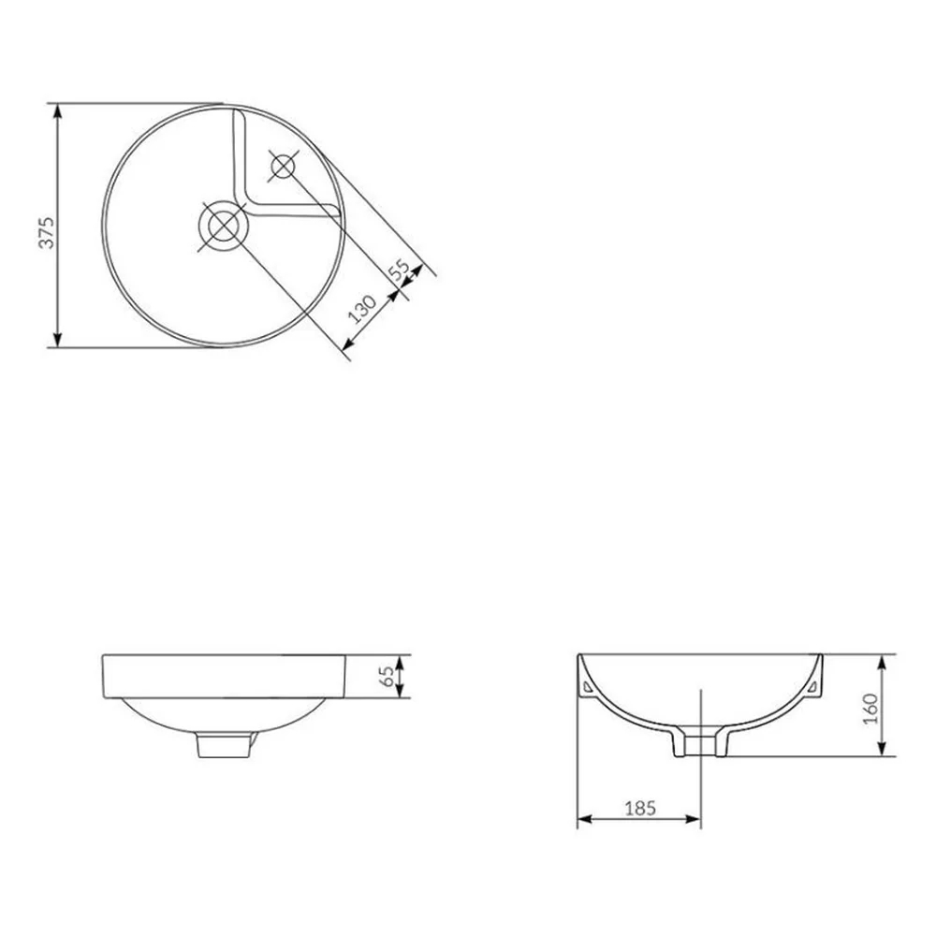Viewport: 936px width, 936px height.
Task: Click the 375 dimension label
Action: tap(46, 232)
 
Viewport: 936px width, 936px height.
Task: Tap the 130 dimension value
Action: tap(362, 309)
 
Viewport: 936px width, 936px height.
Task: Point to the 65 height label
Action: tap(388, 677)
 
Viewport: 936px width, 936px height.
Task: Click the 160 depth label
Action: tap(870, 709)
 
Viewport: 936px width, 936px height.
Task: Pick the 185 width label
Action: tap(640, 809)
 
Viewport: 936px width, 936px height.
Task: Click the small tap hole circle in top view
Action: tap(283, 166)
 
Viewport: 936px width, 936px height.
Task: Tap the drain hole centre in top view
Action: tap(223, 226)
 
